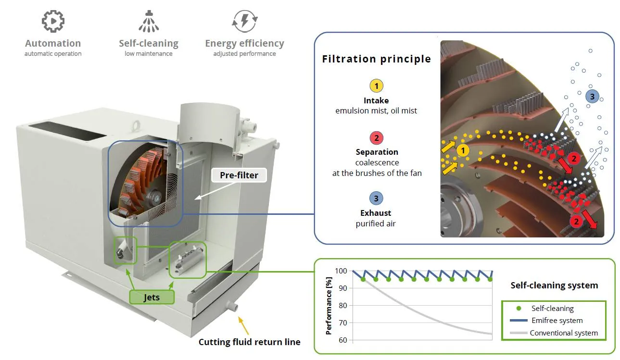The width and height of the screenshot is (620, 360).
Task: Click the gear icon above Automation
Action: [53, 21]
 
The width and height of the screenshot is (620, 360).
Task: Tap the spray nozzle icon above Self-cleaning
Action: [149, 21]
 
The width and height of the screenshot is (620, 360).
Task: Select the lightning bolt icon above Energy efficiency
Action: [245, 21]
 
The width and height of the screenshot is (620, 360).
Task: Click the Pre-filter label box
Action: [239, 175]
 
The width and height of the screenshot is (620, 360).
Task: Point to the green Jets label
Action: [152, 297]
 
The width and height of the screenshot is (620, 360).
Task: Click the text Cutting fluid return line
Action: [249, 342]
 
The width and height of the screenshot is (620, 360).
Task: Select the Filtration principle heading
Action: [377, 59]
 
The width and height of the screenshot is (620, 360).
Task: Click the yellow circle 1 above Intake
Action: [377, 86]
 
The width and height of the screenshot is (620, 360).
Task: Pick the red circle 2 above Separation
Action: [377, 137]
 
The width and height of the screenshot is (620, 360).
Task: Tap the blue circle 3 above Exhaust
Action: [376, 198]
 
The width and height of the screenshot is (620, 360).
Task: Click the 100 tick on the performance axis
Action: [341, 271]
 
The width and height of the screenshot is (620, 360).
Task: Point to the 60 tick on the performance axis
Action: [343, 340]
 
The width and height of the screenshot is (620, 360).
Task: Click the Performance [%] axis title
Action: [329, 306]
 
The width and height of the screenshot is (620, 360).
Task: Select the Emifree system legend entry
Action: [546, 321]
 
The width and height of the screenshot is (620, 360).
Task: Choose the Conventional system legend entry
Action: [554, 333]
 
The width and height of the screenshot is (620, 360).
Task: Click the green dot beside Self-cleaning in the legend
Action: [519, 308]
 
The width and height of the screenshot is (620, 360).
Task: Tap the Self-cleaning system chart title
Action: [554, 286]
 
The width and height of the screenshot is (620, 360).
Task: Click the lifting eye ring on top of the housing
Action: [136, 126]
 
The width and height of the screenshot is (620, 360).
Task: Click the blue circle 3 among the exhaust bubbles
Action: [592, 97]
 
